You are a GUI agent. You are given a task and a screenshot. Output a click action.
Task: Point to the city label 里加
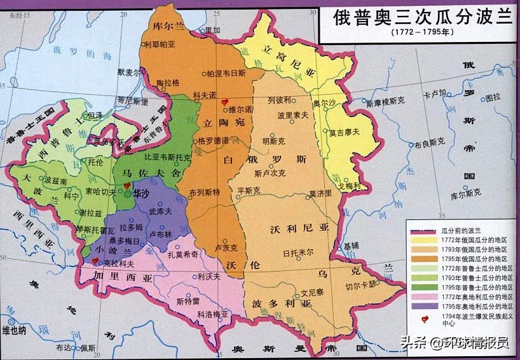coord(211,30)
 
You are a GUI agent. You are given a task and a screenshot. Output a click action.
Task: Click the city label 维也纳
coord(14,329)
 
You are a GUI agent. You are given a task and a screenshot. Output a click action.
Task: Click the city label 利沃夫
coord(209,276)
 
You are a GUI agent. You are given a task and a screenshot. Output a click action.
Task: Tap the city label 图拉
coord(493,97)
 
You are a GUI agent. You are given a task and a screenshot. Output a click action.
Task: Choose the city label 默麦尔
coord(130,73)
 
